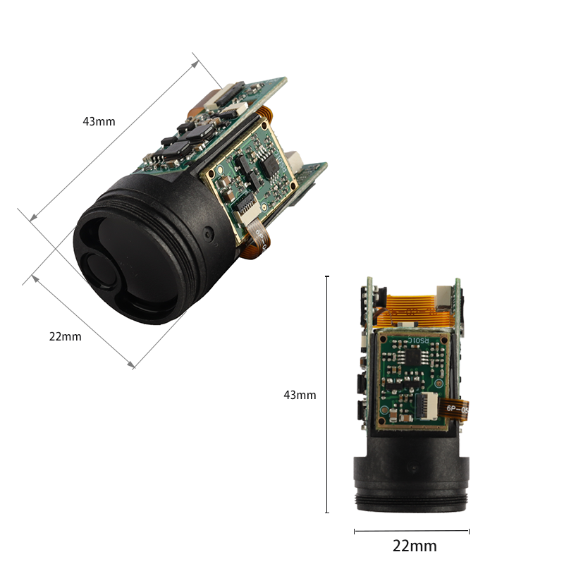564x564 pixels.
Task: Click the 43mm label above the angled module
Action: [99, 121]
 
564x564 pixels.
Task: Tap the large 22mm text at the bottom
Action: [414, 546]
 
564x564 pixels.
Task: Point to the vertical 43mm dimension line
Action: [327, 395]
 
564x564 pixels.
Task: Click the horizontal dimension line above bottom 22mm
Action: [411, 531]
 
